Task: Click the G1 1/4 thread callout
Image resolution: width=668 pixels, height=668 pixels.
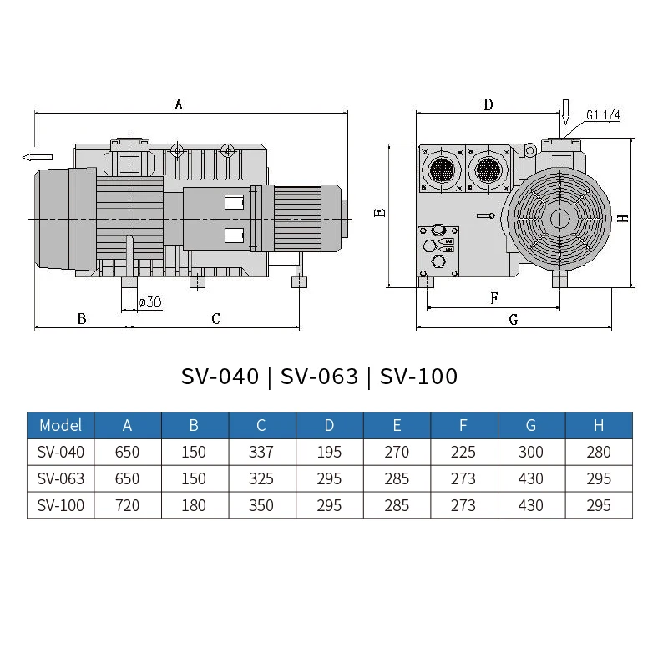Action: (602, 115)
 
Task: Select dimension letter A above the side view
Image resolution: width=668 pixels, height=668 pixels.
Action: (178, 104)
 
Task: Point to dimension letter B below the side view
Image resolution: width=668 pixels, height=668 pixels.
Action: (81, 318)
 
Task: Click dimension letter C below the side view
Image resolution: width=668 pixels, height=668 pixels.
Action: (215, 318)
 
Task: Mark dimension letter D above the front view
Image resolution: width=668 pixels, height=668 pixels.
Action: (488, 104)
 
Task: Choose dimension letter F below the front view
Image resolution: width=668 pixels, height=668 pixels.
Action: (493, 297)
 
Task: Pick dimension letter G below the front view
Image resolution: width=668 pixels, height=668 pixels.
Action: (513, 319)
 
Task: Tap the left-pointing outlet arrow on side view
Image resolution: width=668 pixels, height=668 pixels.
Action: (38, 157)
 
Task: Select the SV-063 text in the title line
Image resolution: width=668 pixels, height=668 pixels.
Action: (319, 377)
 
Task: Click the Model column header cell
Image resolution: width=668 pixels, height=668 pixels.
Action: (61, 425)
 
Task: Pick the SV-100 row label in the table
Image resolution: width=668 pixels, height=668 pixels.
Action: (61, 505)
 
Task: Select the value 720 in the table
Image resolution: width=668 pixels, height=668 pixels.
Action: (127, 505)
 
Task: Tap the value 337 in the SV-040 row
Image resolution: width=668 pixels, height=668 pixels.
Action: (261, 452)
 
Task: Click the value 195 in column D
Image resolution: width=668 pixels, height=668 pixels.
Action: (329, 452)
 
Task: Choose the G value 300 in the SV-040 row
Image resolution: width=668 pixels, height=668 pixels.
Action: (530, 452)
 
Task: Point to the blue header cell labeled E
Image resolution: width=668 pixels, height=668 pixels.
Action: (397, 425)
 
